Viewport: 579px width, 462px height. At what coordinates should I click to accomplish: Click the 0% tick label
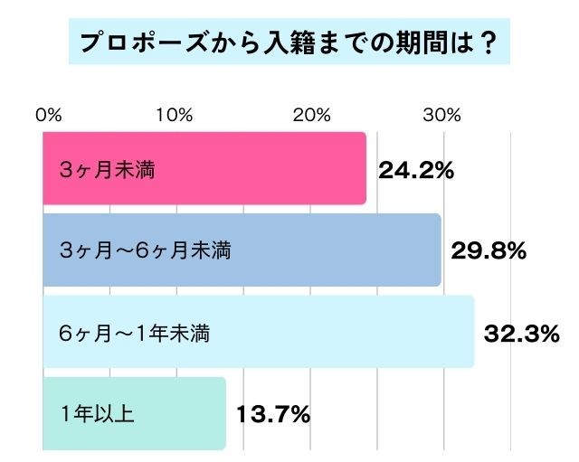tap(48, 115)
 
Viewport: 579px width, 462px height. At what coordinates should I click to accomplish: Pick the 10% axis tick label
tap(174, 115)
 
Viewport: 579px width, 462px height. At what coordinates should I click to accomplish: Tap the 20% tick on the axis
tap(309, 115)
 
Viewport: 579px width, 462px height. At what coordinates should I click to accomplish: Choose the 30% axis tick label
tap(443, 115)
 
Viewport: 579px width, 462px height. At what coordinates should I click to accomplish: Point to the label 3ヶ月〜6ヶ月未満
tap(144, 250)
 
